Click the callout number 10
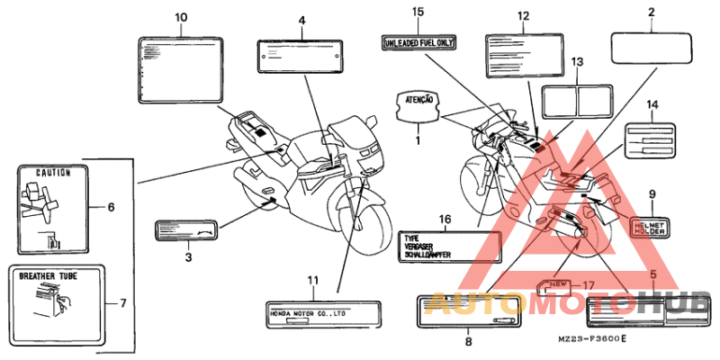tap(181, 17)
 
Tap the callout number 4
tap(301, 20)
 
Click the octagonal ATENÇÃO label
tap(417, 106)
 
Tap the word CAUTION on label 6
tap(53, 172)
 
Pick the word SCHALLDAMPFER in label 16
tap(431, 255)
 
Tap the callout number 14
tap(653, 105)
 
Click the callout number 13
tap(577, 61)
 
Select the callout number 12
tap(523, 16)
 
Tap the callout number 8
tap(468, 342)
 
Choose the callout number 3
tap(188, 257)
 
